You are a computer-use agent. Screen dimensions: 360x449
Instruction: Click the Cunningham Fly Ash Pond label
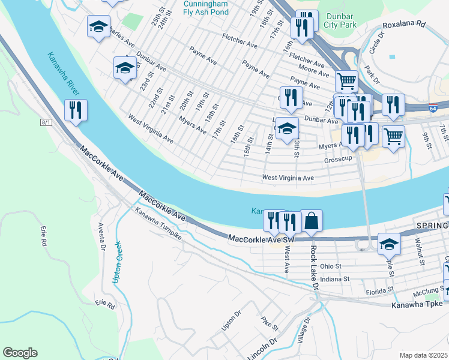(205, 7)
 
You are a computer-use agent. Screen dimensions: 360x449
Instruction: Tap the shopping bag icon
(312, 221)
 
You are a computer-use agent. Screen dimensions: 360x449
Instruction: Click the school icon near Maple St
(389, 244)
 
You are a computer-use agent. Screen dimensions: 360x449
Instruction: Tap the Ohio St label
(330, 266)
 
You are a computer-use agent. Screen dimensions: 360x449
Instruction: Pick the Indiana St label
(334, 279)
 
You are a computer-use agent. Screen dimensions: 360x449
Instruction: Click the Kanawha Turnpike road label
(158, 224)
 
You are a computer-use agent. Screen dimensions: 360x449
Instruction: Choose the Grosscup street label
(336, 161)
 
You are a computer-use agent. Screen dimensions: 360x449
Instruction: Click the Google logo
(20, 353)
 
